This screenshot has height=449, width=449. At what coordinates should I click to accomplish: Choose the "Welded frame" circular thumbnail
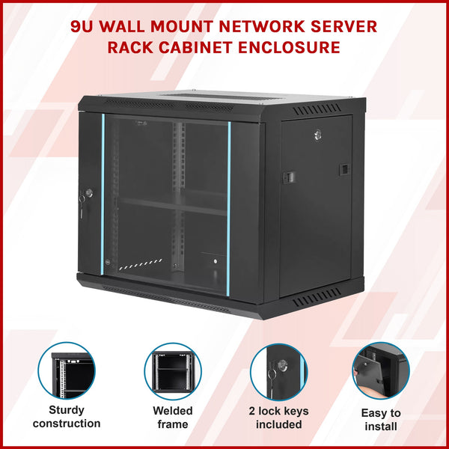[173, 371]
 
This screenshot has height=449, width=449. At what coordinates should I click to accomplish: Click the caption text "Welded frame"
[173, 418]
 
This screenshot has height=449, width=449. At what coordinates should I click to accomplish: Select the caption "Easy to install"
[380, 420]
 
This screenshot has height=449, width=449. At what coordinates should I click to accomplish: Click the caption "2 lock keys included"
[278, 418]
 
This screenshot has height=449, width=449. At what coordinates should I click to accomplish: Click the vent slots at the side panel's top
[322, 110]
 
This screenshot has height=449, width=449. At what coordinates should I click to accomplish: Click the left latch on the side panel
[288, 177]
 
